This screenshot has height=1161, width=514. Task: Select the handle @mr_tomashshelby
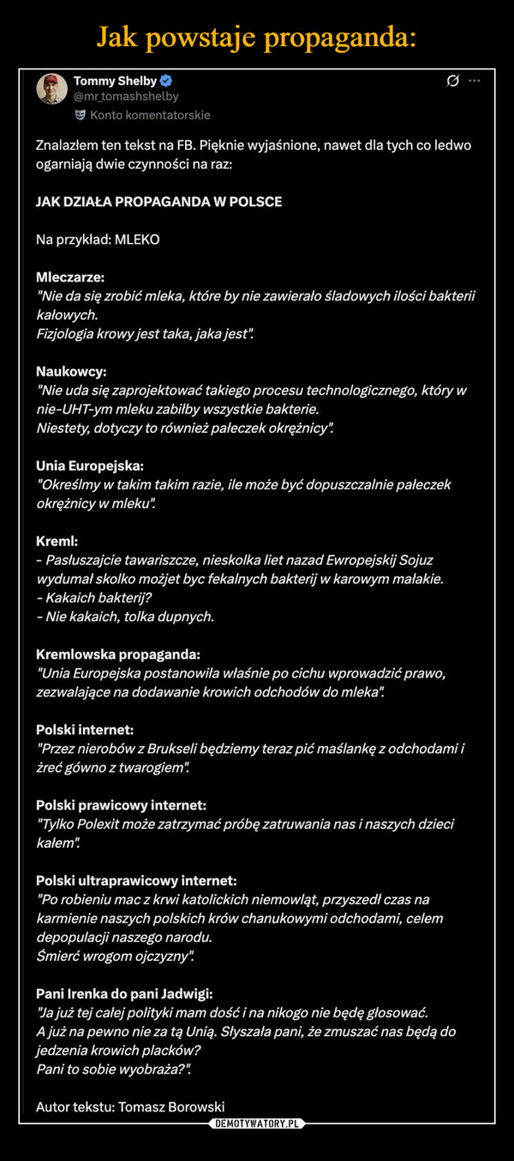pos(126,97)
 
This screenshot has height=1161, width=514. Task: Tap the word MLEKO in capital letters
pos(136,240)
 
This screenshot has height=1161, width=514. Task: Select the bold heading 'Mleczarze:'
pos(70,278)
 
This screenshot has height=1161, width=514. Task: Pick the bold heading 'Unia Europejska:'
pos(90,466)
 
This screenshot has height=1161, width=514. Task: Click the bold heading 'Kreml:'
pos(57,541)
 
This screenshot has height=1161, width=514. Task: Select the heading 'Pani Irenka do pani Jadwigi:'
pos(124,994)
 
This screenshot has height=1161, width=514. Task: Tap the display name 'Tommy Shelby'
pos(115,80)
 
